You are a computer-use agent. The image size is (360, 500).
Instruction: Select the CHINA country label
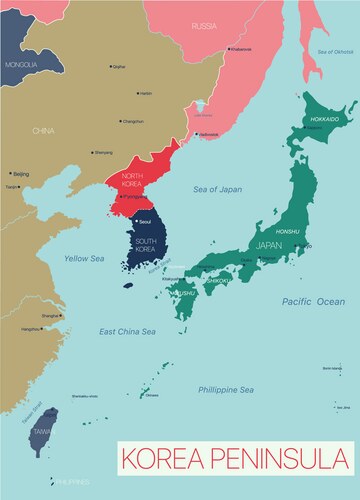(x=42, y=131)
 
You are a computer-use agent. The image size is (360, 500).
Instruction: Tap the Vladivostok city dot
(x=198, y=133)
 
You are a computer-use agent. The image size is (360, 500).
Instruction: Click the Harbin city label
(x=146, y=93)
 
